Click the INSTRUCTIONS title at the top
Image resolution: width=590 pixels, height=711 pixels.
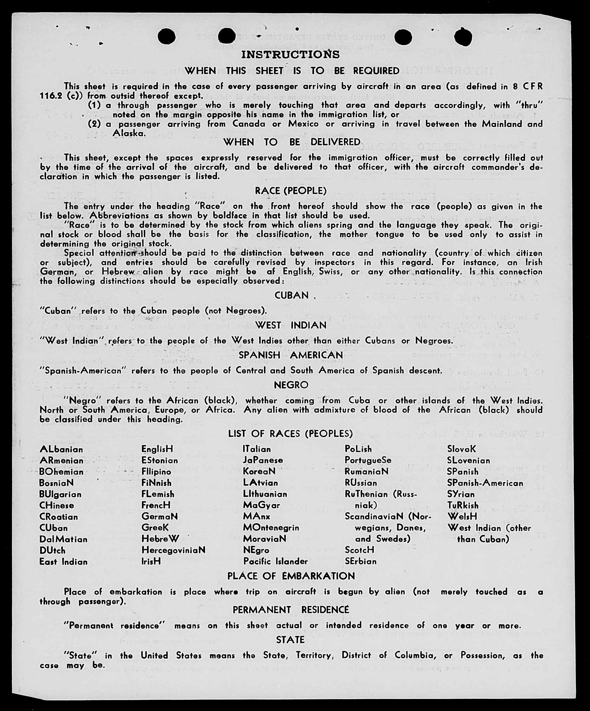[290, 55]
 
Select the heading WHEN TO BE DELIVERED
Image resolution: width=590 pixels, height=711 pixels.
[292, 142]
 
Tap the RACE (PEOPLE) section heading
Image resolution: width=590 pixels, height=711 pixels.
[291, 191]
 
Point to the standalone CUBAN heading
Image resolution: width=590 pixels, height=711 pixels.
[291, 295]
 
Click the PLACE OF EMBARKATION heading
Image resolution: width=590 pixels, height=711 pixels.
[291, 576]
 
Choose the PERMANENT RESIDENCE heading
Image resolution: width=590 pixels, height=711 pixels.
[291, 610]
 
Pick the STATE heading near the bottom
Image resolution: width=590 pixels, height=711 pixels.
[290, 640]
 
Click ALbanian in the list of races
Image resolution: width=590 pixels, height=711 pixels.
[62, 449]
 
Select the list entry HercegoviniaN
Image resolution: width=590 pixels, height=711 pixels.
[173, 550]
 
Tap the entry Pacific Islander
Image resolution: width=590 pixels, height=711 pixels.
[275, 561]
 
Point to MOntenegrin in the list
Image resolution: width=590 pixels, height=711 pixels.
[271, 527]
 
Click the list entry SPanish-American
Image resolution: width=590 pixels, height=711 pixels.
[485, 483]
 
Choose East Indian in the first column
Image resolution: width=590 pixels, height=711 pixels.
[63, 562]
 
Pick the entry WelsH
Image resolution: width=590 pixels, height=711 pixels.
[462, 517]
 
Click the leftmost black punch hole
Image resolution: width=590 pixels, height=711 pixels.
[166, 36]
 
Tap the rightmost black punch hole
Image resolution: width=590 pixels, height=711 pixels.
[463, 37]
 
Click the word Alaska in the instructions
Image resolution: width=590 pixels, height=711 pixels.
[129, 133]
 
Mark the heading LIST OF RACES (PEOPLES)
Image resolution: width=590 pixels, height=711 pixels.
[290, 434]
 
